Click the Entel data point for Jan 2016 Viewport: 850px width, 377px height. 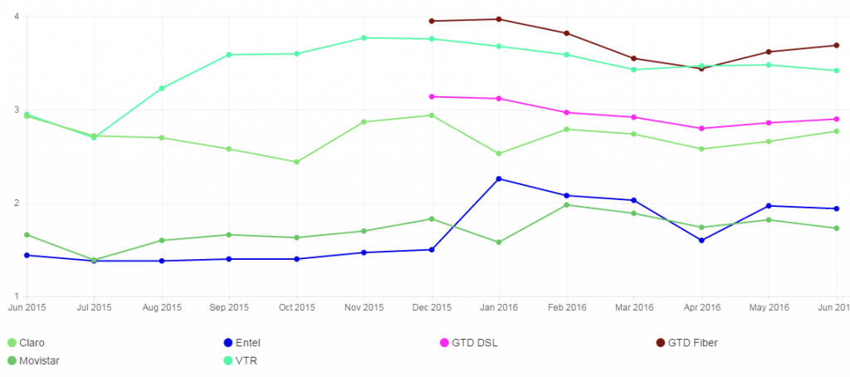tap(499, 179)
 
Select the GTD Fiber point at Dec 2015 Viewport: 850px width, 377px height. tap(432, 21)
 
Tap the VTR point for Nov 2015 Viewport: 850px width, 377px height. tap(364, 37)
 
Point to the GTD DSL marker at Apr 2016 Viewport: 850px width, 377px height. tap(701, 129)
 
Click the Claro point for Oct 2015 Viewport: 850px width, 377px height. tap(296, 162)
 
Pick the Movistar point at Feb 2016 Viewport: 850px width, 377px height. tap(566, 205)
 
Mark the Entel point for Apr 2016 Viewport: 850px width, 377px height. tap(701, 241)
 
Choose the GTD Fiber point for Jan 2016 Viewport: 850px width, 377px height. tap(499, 19)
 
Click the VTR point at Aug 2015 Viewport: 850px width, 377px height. tap(162, 88)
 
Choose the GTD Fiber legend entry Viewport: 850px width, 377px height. tap(685, 343)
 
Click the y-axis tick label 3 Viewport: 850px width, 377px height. tap(16, 110)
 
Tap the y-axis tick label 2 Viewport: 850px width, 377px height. tap(16, 203)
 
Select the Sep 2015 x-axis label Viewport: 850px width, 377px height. tap(229, 308)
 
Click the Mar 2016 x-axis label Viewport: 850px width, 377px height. tap(633, 308)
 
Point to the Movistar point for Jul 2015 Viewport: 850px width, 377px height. tap(94, 261)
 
